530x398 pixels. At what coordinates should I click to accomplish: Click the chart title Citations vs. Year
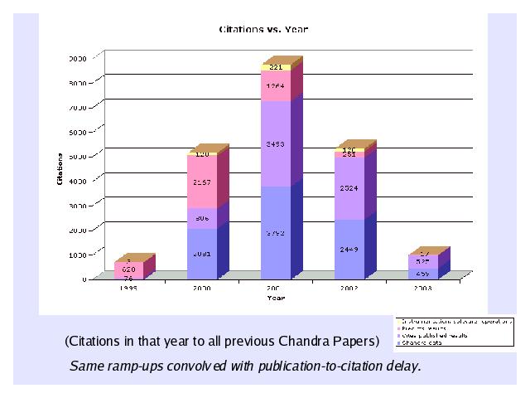pos(263,29)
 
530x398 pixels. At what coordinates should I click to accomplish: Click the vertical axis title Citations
pos(60,168)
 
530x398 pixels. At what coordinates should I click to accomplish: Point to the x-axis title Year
pos(275,298)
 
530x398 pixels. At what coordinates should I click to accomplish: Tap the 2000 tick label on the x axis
pos(202,289)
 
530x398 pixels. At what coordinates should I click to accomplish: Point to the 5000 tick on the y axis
pos(78,155)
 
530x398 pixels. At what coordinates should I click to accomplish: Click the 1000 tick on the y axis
pos(78,251)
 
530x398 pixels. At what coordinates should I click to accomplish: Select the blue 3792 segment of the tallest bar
pos(276,233)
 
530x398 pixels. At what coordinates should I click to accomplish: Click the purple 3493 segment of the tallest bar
pos(276,144)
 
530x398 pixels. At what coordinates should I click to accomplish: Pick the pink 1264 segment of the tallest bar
pos(276,86)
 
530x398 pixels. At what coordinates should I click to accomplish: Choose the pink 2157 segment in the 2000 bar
pos(202,182)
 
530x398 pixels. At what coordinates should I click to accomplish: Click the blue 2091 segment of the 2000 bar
pos(202,254)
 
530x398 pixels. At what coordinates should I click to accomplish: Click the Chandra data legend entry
pos(422,342)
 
